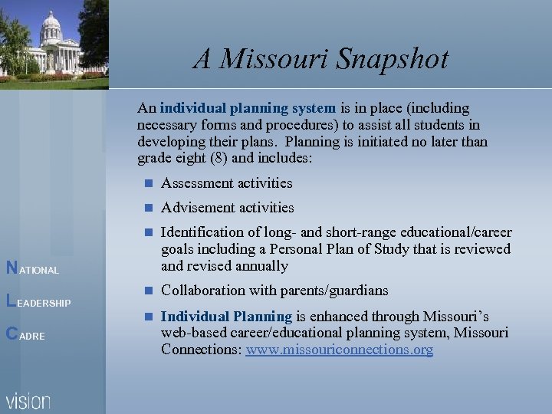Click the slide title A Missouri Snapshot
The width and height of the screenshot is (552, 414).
pos(320,59)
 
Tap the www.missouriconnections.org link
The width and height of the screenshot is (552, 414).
pos(339,350)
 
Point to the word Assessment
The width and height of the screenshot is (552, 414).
pos(194,183)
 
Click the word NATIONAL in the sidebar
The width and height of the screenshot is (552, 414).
pos(31,269)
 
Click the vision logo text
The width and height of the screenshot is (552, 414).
pos(28,400)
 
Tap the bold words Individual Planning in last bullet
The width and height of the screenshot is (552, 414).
pos(226,317)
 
